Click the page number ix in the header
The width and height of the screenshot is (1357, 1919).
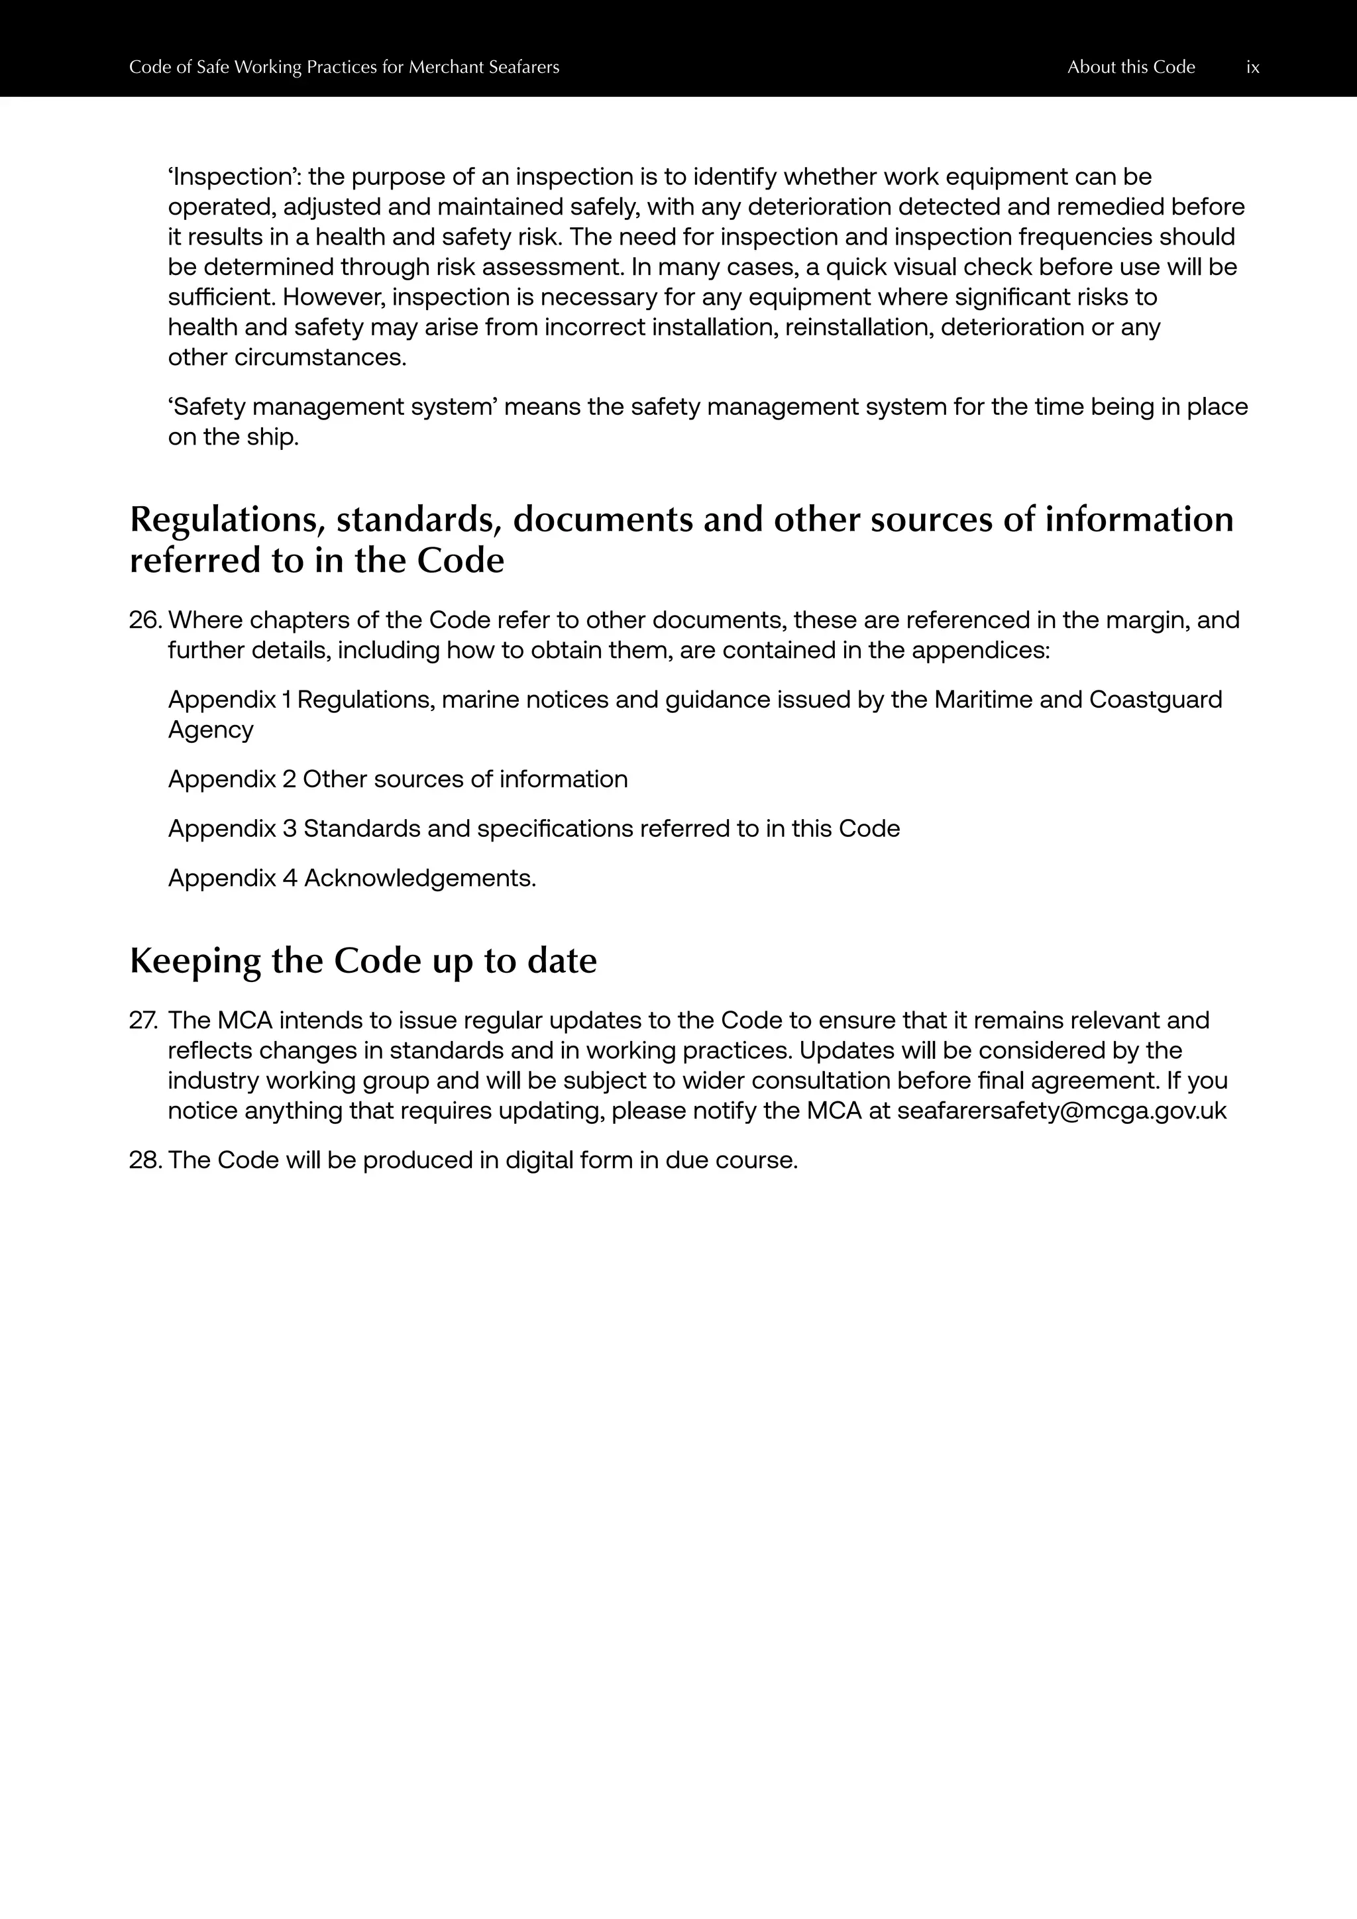pyautogui.click(x=1252, y=68)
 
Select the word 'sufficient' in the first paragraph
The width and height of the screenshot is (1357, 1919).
pyautogui.click(x=221, y=298)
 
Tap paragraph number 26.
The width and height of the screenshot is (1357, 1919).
pyautogui.click(x=144, y=621)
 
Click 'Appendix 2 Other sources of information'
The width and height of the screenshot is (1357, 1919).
pyautogui.click(x=398, y=780)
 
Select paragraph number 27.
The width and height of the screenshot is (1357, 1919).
pyautogui.click(x=144, y=1021)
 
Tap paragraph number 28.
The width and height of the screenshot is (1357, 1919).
pyautogui.click(x=144, y=1161)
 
